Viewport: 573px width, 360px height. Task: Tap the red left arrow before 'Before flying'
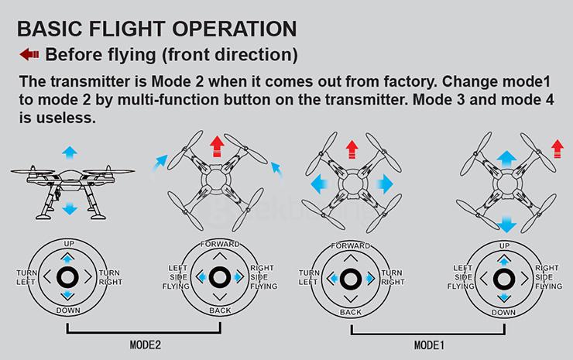tap(29, 54)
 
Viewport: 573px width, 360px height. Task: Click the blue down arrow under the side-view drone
tap(68, 208)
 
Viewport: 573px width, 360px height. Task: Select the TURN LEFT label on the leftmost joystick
tap(26, 277)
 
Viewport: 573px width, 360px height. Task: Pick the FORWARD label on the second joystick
tap(219, 244)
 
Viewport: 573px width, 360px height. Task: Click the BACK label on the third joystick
tap(350, 312)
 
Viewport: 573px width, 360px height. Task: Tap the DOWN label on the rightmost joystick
tap(503, 312)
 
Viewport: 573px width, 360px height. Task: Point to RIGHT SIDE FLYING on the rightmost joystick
tap(547, 277)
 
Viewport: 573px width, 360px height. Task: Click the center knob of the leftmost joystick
tap(68, 277)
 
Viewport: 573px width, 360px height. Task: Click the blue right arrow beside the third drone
tap(384, 183)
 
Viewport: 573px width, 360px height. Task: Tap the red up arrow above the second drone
tap(216, 146)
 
